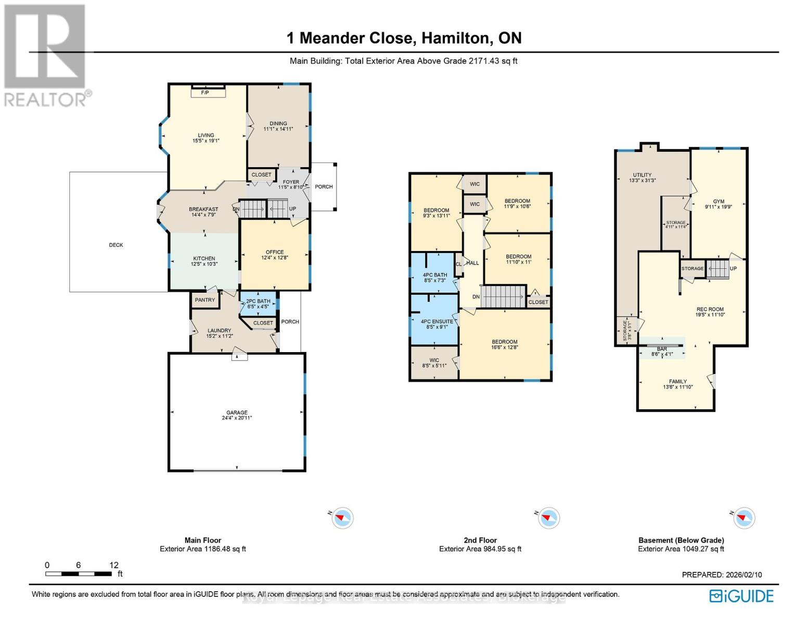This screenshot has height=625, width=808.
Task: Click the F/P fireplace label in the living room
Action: [x=205, y=93]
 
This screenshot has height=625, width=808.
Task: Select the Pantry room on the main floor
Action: [x=205, y=300]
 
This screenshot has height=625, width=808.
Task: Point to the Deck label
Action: [x=116, y=245]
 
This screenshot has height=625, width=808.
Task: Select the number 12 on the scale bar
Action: [x=114, y=565]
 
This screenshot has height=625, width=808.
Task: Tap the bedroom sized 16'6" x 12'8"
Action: [x=505, y=345]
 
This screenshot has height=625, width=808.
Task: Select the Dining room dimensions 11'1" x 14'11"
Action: [x=278, y=129]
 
